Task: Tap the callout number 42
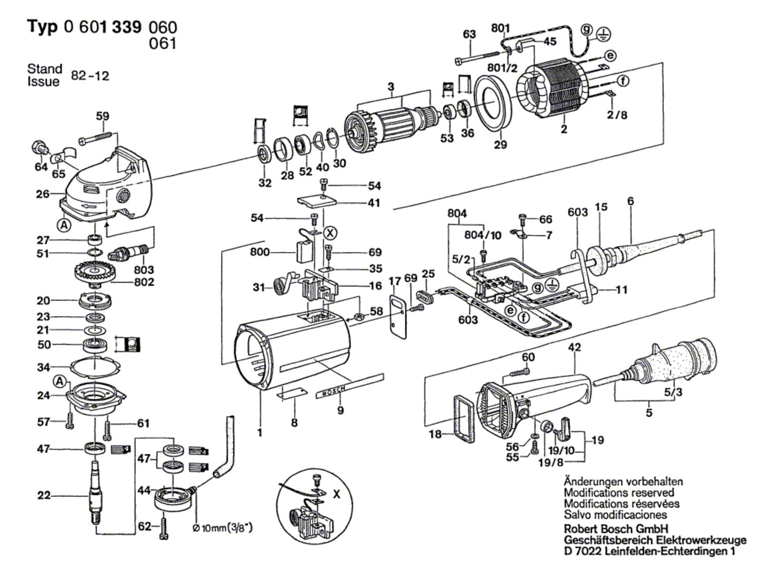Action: [575, 348]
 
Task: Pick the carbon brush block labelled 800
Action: [301, 251]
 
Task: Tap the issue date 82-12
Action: [90, 76]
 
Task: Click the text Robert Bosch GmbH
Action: [616, 529]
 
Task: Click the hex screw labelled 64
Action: [38, 147]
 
